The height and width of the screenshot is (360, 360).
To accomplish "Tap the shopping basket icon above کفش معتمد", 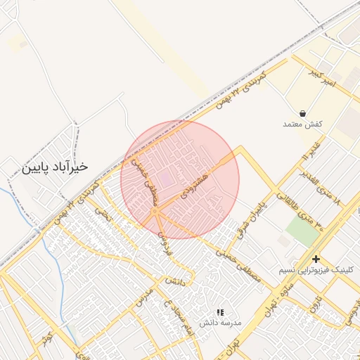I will [x=302, y=112].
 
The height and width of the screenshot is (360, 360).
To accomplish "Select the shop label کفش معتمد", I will [x=302, y=124].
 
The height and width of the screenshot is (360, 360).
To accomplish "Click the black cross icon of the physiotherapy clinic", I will [x=316, y=259].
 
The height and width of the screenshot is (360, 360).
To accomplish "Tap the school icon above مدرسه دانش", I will [x=220, y=311].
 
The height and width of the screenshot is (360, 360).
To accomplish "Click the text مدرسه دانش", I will [x=220, y=323].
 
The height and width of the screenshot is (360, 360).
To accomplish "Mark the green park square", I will [x=302, y=231].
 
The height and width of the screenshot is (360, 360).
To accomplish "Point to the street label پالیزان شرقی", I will [x=253, y=219].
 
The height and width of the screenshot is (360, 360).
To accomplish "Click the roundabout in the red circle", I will [x=155, y=211].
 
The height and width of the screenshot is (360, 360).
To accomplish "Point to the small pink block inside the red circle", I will [x=164, y=179].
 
